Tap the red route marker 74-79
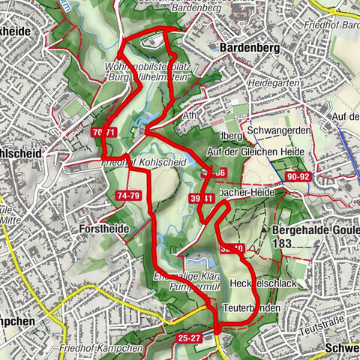128,195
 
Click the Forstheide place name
104,228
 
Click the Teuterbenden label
252,308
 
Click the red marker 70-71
106,132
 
